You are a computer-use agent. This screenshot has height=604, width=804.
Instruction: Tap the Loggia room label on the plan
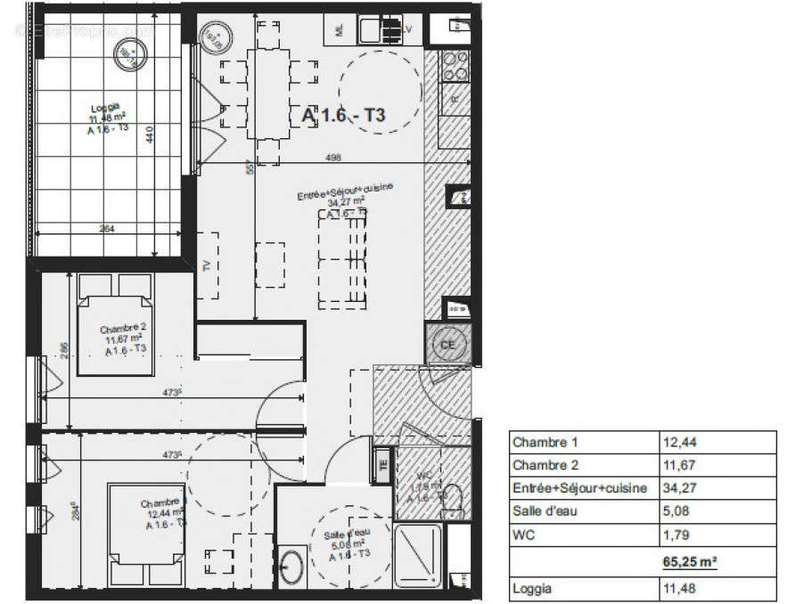105,110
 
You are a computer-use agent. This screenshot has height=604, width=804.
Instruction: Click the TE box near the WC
383,464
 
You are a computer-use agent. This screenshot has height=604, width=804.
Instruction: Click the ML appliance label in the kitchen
340,29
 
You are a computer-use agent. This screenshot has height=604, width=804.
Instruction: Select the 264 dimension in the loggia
109,229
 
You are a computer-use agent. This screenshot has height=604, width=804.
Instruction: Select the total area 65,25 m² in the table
690,563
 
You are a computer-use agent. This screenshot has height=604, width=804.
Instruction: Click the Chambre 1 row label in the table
546,442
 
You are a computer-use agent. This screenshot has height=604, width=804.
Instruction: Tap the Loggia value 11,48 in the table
678,589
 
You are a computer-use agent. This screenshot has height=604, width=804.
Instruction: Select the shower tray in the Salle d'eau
417,554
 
